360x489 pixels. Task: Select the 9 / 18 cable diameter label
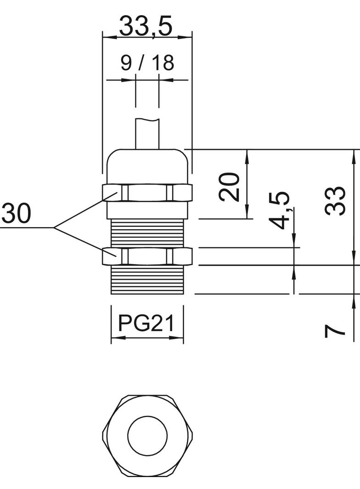pos(147,63)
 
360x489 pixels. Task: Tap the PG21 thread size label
pos(146,323)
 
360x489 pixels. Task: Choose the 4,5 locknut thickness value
pos(280,210)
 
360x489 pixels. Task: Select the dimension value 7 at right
pos(335,330)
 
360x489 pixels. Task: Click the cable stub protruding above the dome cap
pos(147,134)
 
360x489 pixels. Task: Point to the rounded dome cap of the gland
pos(147,165)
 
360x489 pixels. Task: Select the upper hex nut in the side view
pos(147,193)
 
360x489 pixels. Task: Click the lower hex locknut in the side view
pos(147,256)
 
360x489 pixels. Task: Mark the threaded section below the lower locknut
pos(147,280)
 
